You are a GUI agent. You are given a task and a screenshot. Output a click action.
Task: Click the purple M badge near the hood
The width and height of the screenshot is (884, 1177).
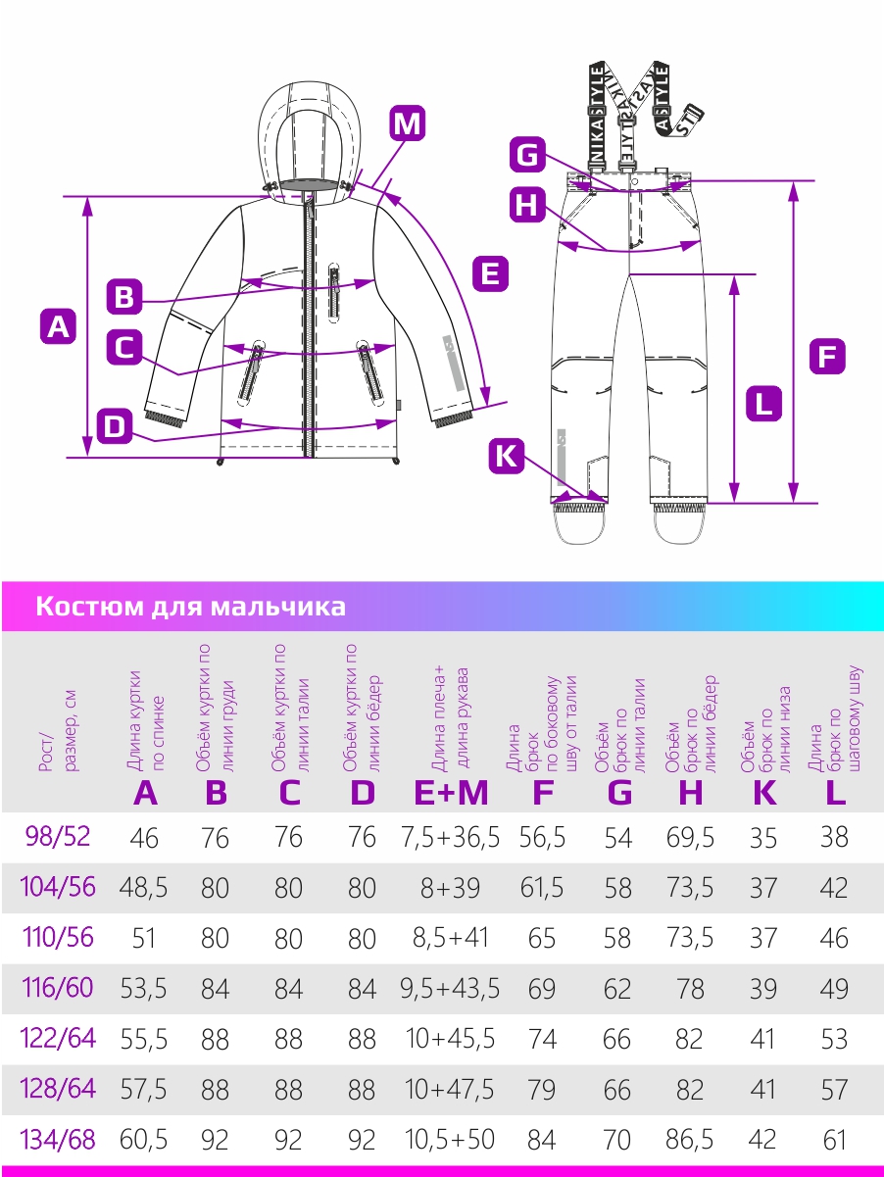pyautogui.click(x=407, y=123)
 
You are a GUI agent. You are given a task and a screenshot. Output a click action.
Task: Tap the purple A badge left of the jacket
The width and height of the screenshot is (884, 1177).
pyautogui.click(x=58, y=326)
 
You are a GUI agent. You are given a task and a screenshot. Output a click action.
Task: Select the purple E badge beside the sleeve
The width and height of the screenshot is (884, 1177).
pyautogui.click(x=490, y=273)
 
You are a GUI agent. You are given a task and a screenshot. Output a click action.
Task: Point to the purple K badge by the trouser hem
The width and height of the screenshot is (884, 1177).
pyautogui.click(x=506, y=457)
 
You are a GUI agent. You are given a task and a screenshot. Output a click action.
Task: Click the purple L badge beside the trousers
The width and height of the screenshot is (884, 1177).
pyautogui.click(x=763, y=403)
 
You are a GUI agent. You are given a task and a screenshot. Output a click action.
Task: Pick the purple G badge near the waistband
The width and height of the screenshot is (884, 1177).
pyautogui.click(x=527, y=155)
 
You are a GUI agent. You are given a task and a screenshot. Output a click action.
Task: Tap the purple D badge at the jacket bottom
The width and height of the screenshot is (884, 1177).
pyautogui.click(x=115, y=426)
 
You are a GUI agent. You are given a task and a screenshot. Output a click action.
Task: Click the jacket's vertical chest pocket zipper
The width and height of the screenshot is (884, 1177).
pyautogui.click(x=334, y=292)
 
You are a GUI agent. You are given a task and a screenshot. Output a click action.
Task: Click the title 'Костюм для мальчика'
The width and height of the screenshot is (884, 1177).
pyautogui.click(x=190, y=607)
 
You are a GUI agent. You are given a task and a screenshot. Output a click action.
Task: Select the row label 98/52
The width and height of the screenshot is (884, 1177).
pyautogui.click(x=58, y=837)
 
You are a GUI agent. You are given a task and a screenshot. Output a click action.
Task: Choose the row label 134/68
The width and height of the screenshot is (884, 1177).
pyautogui.click(x=58, y=1140)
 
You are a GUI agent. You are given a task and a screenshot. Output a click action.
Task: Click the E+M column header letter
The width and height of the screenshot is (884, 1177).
pyautogui.click(x=451, y=793)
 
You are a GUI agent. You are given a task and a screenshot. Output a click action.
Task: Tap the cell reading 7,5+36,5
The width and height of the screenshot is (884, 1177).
pyautogui.click(x=450, y=838)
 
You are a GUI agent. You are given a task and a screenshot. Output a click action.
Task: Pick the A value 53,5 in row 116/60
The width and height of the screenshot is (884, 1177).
pyautogui.click(x=143, y=989)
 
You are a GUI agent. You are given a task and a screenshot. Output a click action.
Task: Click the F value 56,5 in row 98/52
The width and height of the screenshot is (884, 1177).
pyautogui.click(x=542, y=838)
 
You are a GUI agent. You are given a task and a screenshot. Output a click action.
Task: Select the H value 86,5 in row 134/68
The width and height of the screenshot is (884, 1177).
pyautogui.click(x=690, y=1140)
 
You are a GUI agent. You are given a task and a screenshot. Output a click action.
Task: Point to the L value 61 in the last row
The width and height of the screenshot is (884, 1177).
pyautogui.click(x=835, y=1140)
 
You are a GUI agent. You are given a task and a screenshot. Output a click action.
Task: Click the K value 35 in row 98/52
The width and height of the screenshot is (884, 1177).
pyautogui.click(x=762, y=838)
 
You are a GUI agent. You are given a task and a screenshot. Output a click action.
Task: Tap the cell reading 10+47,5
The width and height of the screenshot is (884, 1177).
pyautogui.click(x=449, y=1090)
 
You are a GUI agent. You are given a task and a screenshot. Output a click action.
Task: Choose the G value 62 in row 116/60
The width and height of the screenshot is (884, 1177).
pyautogui.click(x=617, y=989)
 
